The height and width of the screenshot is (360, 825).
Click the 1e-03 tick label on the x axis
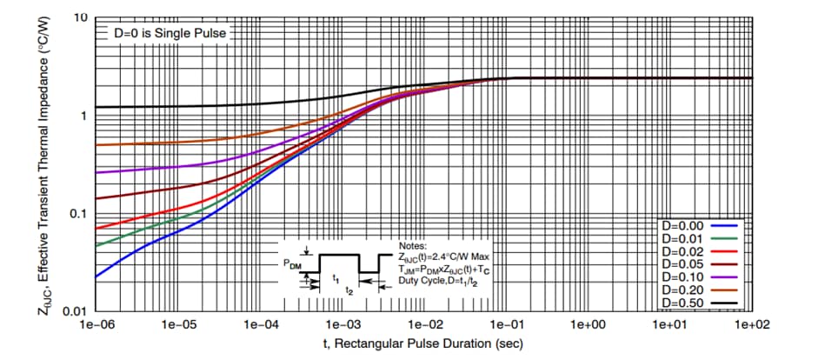342,324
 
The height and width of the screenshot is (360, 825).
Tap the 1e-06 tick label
95,324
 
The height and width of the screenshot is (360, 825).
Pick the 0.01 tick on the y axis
76,311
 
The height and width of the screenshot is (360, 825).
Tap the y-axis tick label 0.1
78,214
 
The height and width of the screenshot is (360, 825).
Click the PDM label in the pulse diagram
293,262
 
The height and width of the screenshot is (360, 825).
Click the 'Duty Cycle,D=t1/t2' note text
440,281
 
